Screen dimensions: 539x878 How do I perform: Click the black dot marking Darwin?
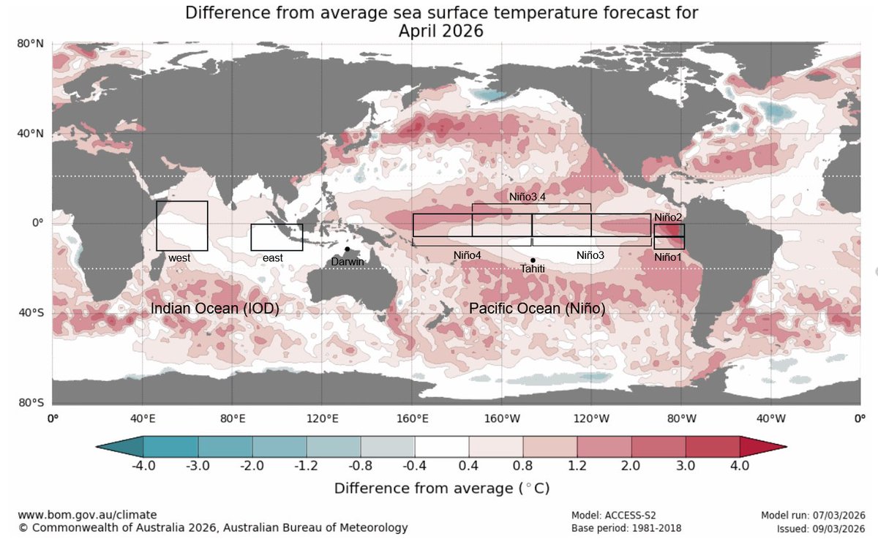(347, 249)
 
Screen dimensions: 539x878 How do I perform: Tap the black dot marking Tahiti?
(533, 260)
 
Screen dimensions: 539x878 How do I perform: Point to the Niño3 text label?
(590, 255)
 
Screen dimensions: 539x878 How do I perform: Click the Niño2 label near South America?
(667, 217)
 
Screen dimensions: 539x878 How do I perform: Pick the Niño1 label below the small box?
(667, 257)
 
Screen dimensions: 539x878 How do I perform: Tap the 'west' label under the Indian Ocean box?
(179, 258)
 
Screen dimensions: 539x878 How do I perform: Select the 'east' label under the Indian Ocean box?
(273, 258)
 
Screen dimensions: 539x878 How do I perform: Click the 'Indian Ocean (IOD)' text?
(214, 309)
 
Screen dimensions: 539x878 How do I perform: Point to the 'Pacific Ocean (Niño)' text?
(537, 309)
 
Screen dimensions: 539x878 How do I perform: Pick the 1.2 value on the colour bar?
(577, 465)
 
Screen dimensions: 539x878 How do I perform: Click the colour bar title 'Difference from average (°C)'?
(441, 487)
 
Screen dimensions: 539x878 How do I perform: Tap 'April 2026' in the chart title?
(441, 31)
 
